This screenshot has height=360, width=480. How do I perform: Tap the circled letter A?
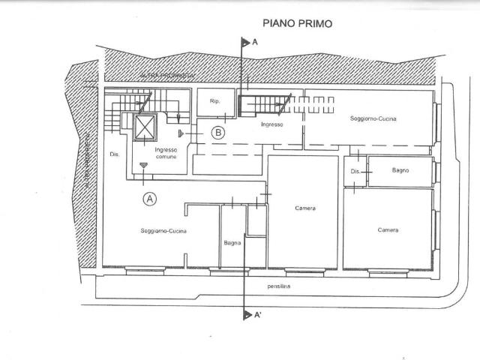click(x=150, y=199)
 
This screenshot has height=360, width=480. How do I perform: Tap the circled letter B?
click(x=217, y=133)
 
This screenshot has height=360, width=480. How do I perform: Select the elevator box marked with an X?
click(x=145, y=127)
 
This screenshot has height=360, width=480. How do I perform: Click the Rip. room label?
click(x=214, y=101)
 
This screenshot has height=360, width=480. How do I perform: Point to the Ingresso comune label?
click(x=166, y=154)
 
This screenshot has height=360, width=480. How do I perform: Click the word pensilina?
click(x=279, y=286)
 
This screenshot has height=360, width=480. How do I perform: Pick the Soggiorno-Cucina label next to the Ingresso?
click(x=373, y=119)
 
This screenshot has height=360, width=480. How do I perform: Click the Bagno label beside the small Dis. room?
click(x=400, y=171)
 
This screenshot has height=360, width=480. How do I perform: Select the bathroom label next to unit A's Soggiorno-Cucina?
click(x=232, y=242)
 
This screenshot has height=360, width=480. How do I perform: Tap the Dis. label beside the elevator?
click(x=114, y=155)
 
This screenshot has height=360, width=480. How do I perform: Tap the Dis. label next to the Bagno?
click(x=355, y=172)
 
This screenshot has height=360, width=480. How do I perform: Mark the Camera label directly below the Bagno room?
click(x=388, y=229)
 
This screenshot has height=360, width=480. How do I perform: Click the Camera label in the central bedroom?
click(x=304, y=208)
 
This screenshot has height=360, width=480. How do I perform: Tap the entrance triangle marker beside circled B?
click(x=182, y=133)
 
